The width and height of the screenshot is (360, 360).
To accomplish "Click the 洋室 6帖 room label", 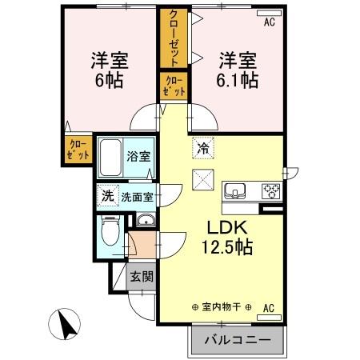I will coord(110,70).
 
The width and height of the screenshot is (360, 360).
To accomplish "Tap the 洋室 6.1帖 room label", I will coord(237,70).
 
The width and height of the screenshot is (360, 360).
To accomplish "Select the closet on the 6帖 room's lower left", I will coord(78,149).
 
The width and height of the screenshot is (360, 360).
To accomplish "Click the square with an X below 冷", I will coord(203,182).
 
